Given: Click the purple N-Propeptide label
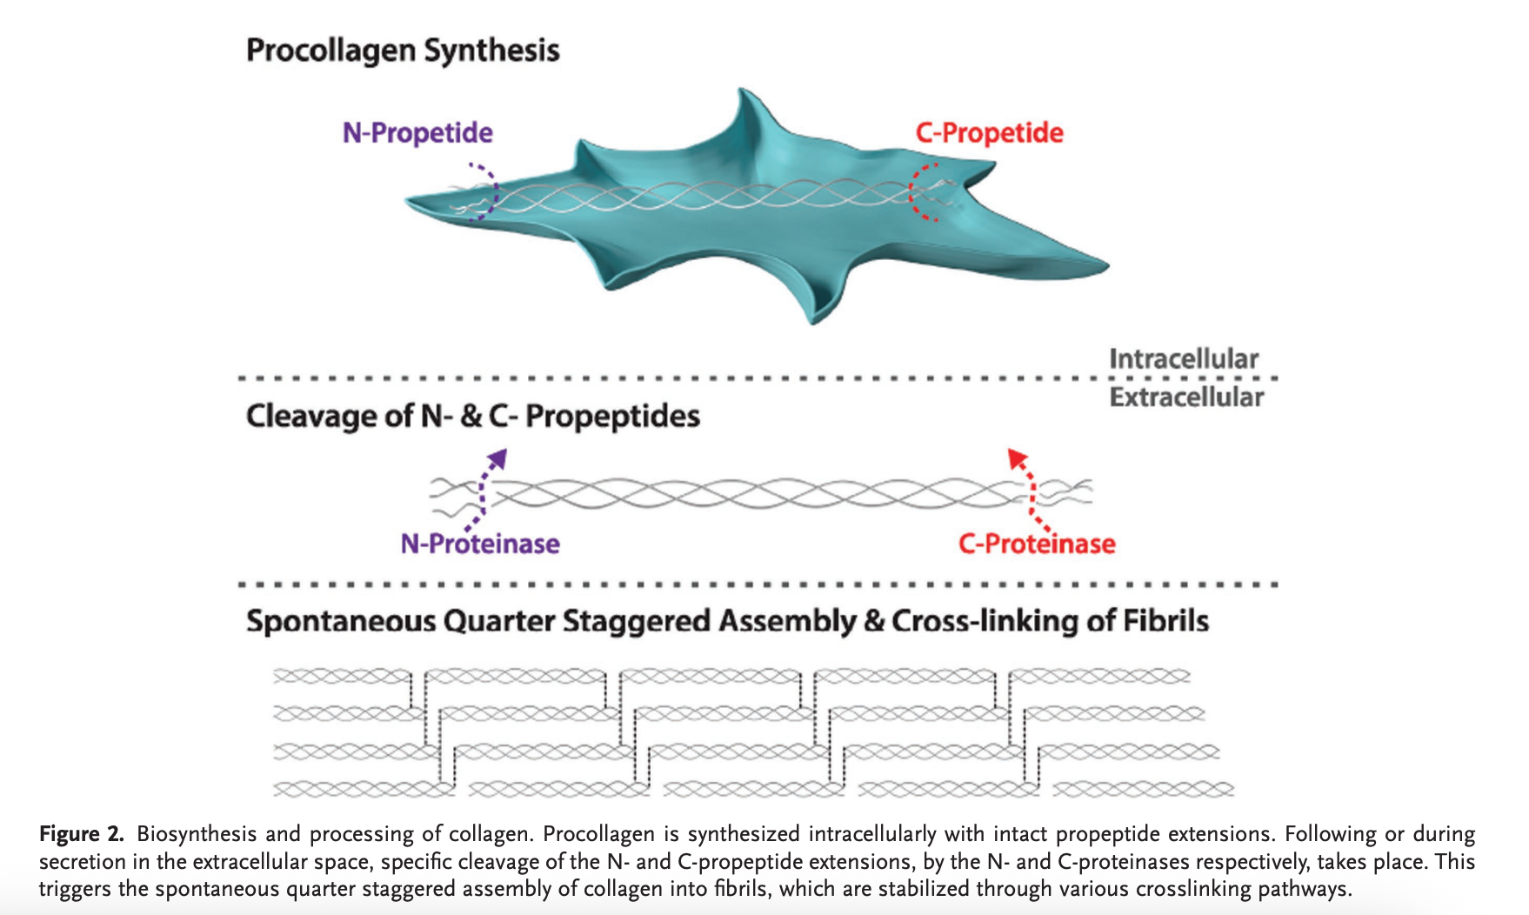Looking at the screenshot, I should (x=417, y=133).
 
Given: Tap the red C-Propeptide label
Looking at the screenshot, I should (x=989, y=133).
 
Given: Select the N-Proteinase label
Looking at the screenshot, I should (x=480, y=544).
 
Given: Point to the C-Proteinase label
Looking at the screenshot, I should (x=1037, y=544).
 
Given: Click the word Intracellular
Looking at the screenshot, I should (x=1184, y=358).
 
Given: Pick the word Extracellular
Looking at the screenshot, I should (x=1186, y=397).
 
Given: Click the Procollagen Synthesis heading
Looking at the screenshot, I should (x=403, y=50).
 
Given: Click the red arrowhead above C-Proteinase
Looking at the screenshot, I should (x=1016, y=457).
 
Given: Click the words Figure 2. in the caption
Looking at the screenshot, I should (x=82, y=834).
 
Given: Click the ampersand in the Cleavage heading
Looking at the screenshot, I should (x=471, y=416).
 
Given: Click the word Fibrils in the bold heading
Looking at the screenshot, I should (x=1165, y=621).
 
